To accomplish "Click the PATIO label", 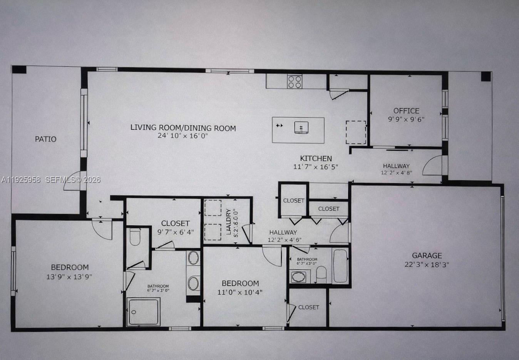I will (x=45, y=139).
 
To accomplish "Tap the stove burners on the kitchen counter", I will (x=295, y=82).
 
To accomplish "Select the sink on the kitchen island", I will (x=301, y=127).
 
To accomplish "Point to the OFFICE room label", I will (x=406, y=111).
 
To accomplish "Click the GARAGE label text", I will (x=427, y=255).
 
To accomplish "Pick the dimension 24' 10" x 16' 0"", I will (x=183, y=136).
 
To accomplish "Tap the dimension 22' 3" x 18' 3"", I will (x=427, y=265).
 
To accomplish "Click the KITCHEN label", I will (x=316, y=158).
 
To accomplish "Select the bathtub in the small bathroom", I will (x=340, y=266).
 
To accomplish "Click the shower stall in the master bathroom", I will (x=143, y=311).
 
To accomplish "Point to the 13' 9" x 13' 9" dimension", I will (x=69, y=276).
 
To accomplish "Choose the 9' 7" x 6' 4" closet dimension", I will (x=176, y=232).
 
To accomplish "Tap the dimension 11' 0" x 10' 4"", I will (x=240, y=292).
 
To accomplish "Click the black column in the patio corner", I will (x=19, y=70).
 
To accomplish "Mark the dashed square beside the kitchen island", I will (x=355, y=132).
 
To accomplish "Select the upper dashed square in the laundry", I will (x=213, y=208).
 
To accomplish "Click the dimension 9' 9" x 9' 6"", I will (x=406, y=119).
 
